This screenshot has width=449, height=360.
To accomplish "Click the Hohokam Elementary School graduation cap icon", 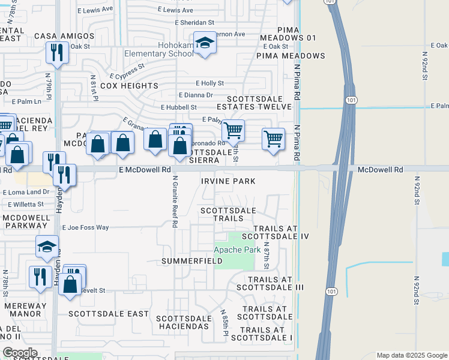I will click(x=205, y=43).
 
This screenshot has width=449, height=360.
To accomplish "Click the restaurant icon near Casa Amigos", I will click(x=57, y=52).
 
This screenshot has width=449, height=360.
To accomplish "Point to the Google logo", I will click(x=19, y=353).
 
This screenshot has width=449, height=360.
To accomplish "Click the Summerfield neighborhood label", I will click(x=192, y=262).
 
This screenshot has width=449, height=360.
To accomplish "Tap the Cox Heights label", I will click(x=129, y=86).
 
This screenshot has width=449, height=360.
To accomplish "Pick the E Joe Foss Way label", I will click(x=85, y=228).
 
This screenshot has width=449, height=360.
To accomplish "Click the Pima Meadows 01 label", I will click(x=297, y=38).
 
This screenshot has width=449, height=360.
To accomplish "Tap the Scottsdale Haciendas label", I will click(x=183, y=322).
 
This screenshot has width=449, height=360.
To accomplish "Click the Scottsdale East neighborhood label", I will click(x=108, y=314).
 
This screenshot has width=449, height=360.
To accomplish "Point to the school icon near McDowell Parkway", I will click(x=47, y=246).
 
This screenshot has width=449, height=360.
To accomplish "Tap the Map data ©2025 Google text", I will click(x=411, y=355).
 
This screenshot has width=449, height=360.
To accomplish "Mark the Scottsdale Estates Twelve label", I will click(x=258, y=102).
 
